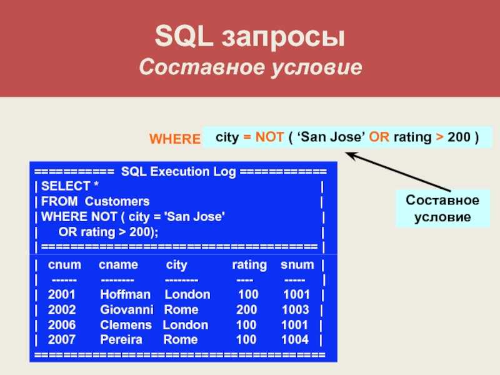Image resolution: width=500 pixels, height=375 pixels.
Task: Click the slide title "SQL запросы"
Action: click(249, 37)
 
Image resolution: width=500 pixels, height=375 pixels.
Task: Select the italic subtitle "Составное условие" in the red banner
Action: click(251, 67)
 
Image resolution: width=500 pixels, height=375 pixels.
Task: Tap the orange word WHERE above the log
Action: click(175, 139)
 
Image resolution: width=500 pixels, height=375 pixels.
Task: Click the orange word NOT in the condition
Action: click(269, 137)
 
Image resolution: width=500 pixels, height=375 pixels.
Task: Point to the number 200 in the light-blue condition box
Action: click(459, 137)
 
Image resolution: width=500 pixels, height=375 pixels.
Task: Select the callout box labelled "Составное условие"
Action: click(442, 208)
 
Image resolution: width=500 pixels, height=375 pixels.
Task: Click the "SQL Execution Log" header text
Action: click(179, 172)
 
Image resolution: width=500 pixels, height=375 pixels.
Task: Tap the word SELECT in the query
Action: click(66, 186)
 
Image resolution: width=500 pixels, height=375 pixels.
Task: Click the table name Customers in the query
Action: click(117, 201)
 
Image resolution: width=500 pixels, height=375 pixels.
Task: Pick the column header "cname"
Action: click(118, 264)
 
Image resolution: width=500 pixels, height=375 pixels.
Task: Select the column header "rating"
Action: click(249, 265)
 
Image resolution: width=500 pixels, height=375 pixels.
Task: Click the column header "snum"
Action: click(297, 264)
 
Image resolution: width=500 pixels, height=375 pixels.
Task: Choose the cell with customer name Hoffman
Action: click(126, 294)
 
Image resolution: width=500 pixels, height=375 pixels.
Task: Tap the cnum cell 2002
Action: click(62, 309)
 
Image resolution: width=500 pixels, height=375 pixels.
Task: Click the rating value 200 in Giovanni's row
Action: click(246, 309)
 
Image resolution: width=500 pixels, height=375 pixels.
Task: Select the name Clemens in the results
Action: click(126, 325)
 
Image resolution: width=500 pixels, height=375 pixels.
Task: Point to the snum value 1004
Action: click(295, 339)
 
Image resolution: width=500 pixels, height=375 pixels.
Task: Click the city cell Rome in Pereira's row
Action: click(181, 339)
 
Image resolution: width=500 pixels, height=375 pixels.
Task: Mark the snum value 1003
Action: click(296, 309)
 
